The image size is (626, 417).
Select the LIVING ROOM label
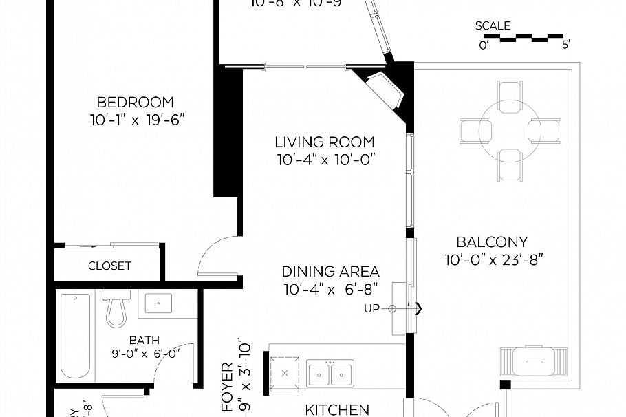click(325, 142)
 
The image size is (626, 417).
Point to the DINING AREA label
click(330, 271)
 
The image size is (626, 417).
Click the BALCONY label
click(492, 242)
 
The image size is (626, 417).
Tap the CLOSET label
click(109, 266)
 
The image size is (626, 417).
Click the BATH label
click(144, 340)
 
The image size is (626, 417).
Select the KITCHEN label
click(337, 410)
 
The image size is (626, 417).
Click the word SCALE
click(493, 26)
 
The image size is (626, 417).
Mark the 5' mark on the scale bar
click(565, 45)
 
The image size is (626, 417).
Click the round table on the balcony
click(510, 131)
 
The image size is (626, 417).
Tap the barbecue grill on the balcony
click(535, 360)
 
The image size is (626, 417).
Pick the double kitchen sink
click(330, 374)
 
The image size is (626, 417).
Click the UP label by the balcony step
click(371, 308)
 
